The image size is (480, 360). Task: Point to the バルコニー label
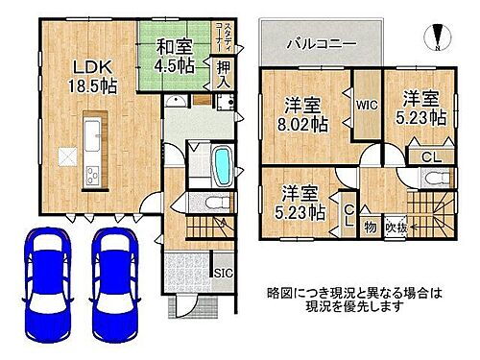(321, 43)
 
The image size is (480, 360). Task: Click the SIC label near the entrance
(219, 273)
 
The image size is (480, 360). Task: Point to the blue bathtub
(220, 164)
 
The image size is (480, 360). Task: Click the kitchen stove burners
(94, 174)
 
